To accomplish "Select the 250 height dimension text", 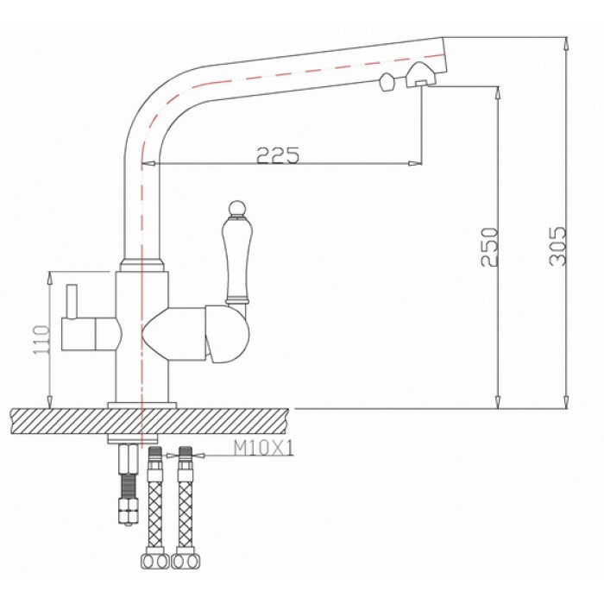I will coord(489,249).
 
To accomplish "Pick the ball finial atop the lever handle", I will coord(236,208).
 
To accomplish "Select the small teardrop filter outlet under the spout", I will coord(387,82).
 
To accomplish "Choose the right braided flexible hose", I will coord(184,509).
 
